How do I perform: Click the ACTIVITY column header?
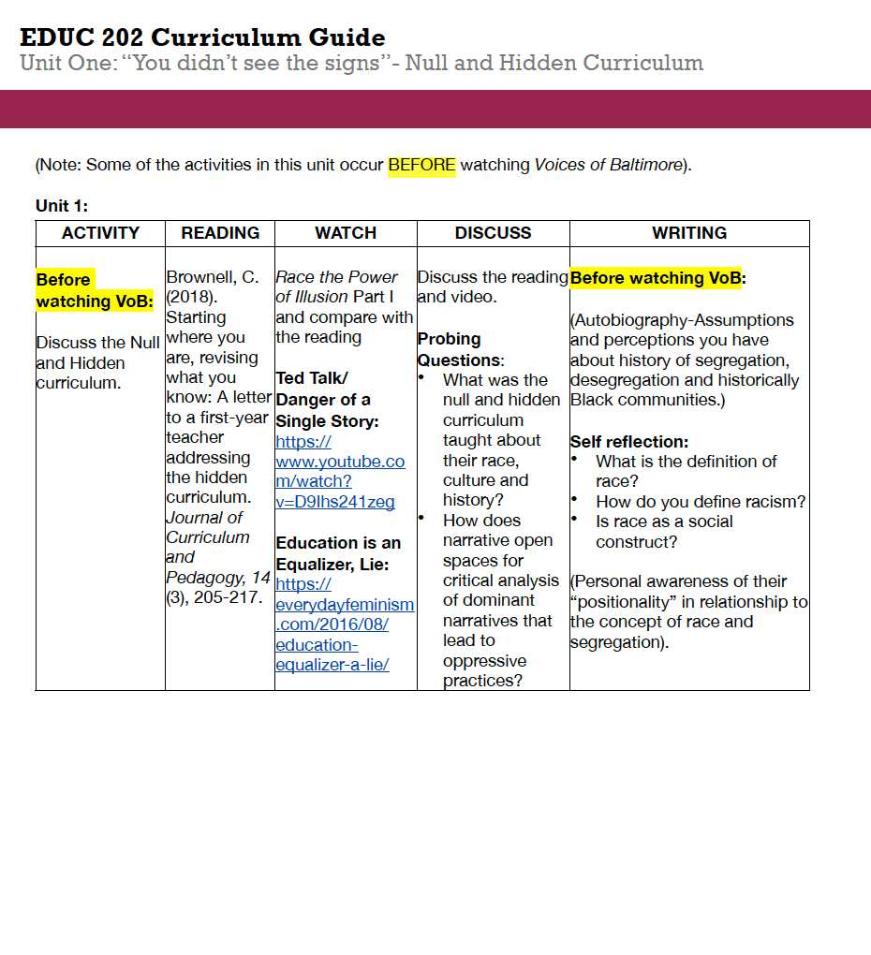(x=100, y=233)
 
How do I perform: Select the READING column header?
(x=220, y=233)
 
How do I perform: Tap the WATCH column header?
(x=346, y=233)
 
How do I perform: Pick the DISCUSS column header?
(x=493, y=233)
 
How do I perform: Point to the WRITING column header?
(x=689, y=233)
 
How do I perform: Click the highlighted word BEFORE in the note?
(x=421, y=166)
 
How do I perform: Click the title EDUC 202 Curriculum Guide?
(x=202, y=37)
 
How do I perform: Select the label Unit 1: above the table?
(x=62, y=206)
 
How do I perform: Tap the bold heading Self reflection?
(x=629, y=442)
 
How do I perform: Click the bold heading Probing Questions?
(x=460, y=349)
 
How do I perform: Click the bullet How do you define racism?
(x=700, y=502)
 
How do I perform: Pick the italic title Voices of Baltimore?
(x=608, y=166)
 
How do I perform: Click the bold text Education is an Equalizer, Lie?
(x=338, y=553)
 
